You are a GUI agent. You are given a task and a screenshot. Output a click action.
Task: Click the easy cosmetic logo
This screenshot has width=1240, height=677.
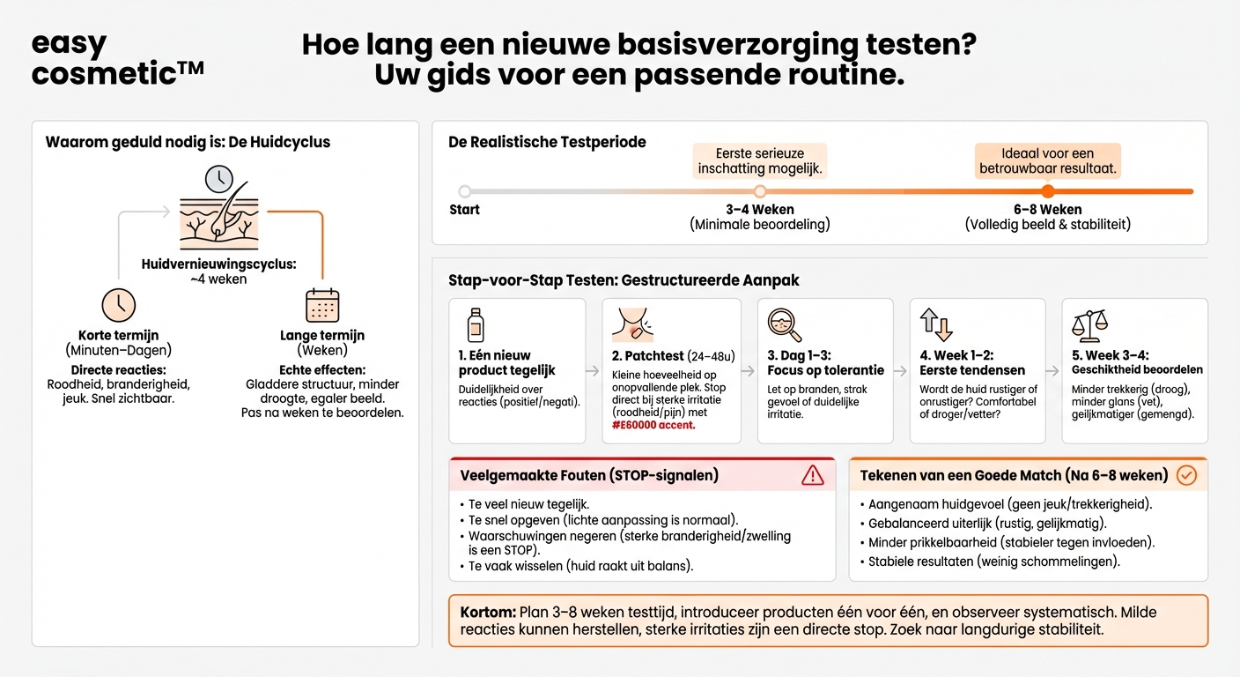(117, 58)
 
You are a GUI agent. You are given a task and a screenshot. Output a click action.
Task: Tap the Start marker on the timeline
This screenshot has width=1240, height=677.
(465, 191)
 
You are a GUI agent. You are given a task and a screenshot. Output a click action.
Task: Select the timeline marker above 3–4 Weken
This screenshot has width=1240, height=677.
(760, 191)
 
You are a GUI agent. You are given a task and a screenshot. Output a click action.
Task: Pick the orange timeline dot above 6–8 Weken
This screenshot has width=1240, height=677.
(1047, 191)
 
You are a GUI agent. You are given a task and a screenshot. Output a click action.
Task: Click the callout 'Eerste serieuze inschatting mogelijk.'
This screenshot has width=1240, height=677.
(760, 161)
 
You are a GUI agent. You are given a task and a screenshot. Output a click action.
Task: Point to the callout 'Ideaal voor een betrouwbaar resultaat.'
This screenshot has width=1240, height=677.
(1047, 161)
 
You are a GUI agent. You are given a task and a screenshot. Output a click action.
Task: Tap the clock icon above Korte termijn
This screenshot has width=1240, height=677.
(119, 305)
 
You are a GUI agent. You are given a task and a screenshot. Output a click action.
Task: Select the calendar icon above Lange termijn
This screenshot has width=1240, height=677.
(322, 305)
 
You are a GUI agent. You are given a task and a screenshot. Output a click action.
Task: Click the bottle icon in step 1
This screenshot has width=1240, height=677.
(475, 324)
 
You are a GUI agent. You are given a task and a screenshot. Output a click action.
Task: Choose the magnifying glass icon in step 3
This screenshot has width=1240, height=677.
(784, 324)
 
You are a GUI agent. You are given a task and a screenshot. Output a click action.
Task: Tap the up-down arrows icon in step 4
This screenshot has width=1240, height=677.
(936, 324)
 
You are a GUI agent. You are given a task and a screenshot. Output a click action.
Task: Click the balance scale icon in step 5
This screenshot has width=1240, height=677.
(1089, 324)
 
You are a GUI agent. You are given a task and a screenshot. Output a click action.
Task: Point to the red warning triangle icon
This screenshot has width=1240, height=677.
(812, 475)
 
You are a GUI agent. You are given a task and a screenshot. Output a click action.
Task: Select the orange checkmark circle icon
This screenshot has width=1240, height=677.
(1186, 475)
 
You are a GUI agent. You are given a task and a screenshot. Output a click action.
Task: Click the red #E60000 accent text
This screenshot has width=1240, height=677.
(653, 425)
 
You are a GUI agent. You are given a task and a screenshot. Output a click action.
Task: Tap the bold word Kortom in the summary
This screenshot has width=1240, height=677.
(487, 612)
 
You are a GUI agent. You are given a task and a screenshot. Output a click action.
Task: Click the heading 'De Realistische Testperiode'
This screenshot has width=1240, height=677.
(547, 142)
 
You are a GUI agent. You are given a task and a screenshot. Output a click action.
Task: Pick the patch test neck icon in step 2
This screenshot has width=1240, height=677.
(632, 324)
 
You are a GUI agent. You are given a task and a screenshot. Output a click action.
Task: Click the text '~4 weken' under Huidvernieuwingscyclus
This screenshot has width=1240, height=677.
(218, 279)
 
